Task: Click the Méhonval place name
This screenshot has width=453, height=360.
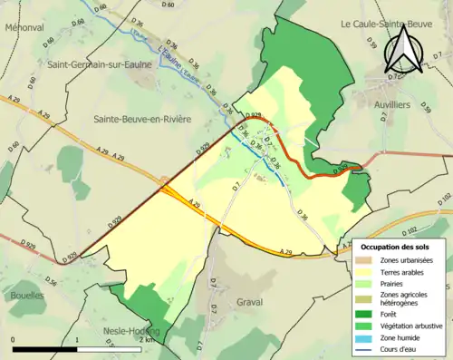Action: point(24,28)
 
